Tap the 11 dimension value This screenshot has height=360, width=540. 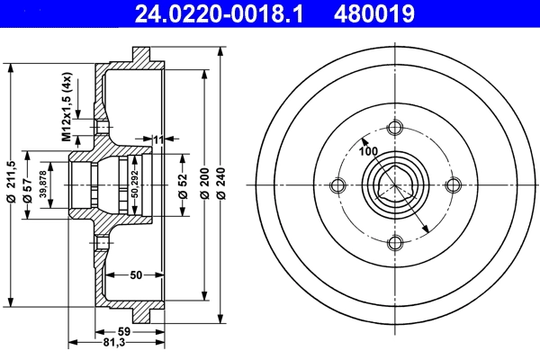pyautogui.click(x=158, y=139)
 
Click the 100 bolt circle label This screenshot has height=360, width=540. pyautogui.click(x=368, y=151)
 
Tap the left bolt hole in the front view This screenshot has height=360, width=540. pyautogui.click(x=338, y=185)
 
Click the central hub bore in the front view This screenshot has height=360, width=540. pyautogui.click(x=394, y=185)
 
